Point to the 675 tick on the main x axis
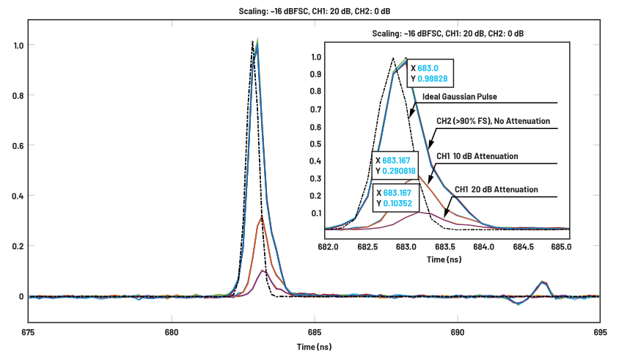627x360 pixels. [29, 331]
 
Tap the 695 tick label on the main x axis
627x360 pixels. [600, 331]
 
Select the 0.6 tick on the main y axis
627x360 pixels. [12, 146]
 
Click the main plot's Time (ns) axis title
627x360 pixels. [314, 346]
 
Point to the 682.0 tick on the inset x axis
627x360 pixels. [328, 246]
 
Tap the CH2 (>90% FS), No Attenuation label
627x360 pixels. [493, 121]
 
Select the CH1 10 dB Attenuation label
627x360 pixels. [477, 156]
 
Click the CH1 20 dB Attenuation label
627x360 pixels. [496, 189]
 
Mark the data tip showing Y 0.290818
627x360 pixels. [395, 165]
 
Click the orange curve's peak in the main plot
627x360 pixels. [261, 218]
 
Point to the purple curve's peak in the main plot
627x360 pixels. [263, 271]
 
